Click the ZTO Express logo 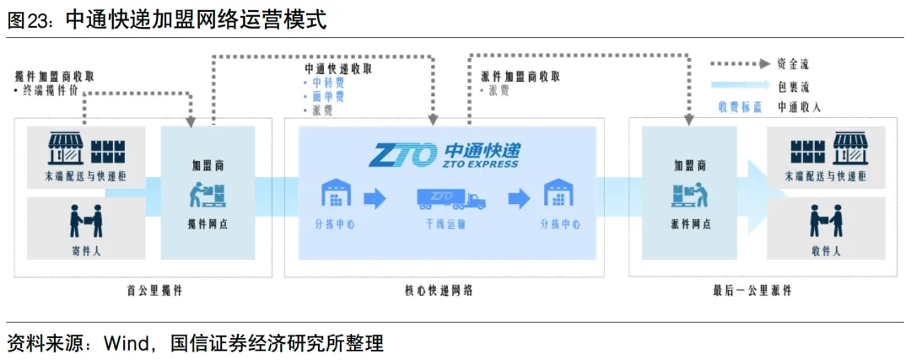(x=445, y=155)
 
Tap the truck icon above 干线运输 (x=451, y=199)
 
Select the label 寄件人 (x=85, y=250)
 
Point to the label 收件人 (x=825, y=250)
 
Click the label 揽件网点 (x=208, y=224)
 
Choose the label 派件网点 (x=691, y=224)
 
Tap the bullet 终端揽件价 (x=52, y=89)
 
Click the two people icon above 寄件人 (x=85, y=221)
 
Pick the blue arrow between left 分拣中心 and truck (x=375, y=199)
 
